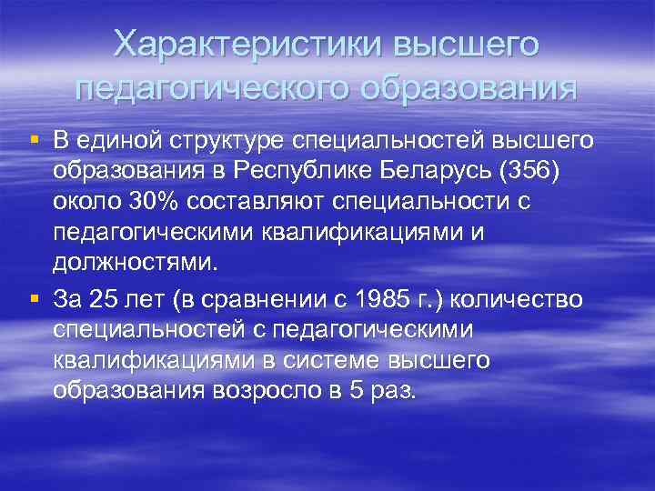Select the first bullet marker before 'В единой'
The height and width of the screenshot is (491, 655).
(34, 140)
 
